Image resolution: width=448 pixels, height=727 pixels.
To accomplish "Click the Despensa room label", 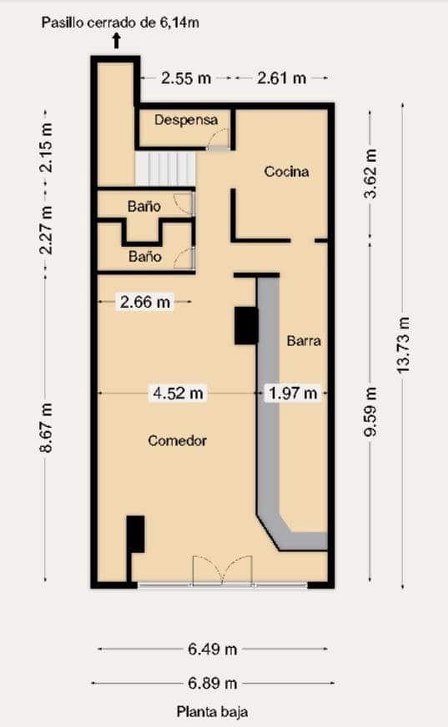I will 185,120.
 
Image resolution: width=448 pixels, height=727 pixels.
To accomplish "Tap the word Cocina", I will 286,172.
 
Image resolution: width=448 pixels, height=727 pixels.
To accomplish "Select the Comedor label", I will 177,440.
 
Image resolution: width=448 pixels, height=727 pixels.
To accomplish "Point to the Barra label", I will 304,341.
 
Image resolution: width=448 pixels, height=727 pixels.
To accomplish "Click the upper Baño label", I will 144,204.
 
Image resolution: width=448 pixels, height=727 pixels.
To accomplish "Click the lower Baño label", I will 144,257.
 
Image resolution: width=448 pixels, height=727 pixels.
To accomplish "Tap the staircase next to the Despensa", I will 165,168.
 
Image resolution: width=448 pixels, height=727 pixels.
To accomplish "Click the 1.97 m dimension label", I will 292,393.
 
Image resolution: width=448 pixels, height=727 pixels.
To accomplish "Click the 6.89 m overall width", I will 212,684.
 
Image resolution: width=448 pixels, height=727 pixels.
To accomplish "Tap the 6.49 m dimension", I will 212,649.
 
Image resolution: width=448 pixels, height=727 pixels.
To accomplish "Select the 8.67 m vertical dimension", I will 47,428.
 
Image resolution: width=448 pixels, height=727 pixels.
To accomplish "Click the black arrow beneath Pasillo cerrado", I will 116,40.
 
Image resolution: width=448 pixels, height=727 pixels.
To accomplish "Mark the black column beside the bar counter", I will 246,325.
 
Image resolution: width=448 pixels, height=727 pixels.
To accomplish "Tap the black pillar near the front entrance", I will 135,534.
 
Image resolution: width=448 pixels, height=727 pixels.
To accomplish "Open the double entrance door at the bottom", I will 222,571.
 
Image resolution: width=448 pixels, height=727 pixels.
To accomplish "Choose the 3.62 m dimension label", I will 371,173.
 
